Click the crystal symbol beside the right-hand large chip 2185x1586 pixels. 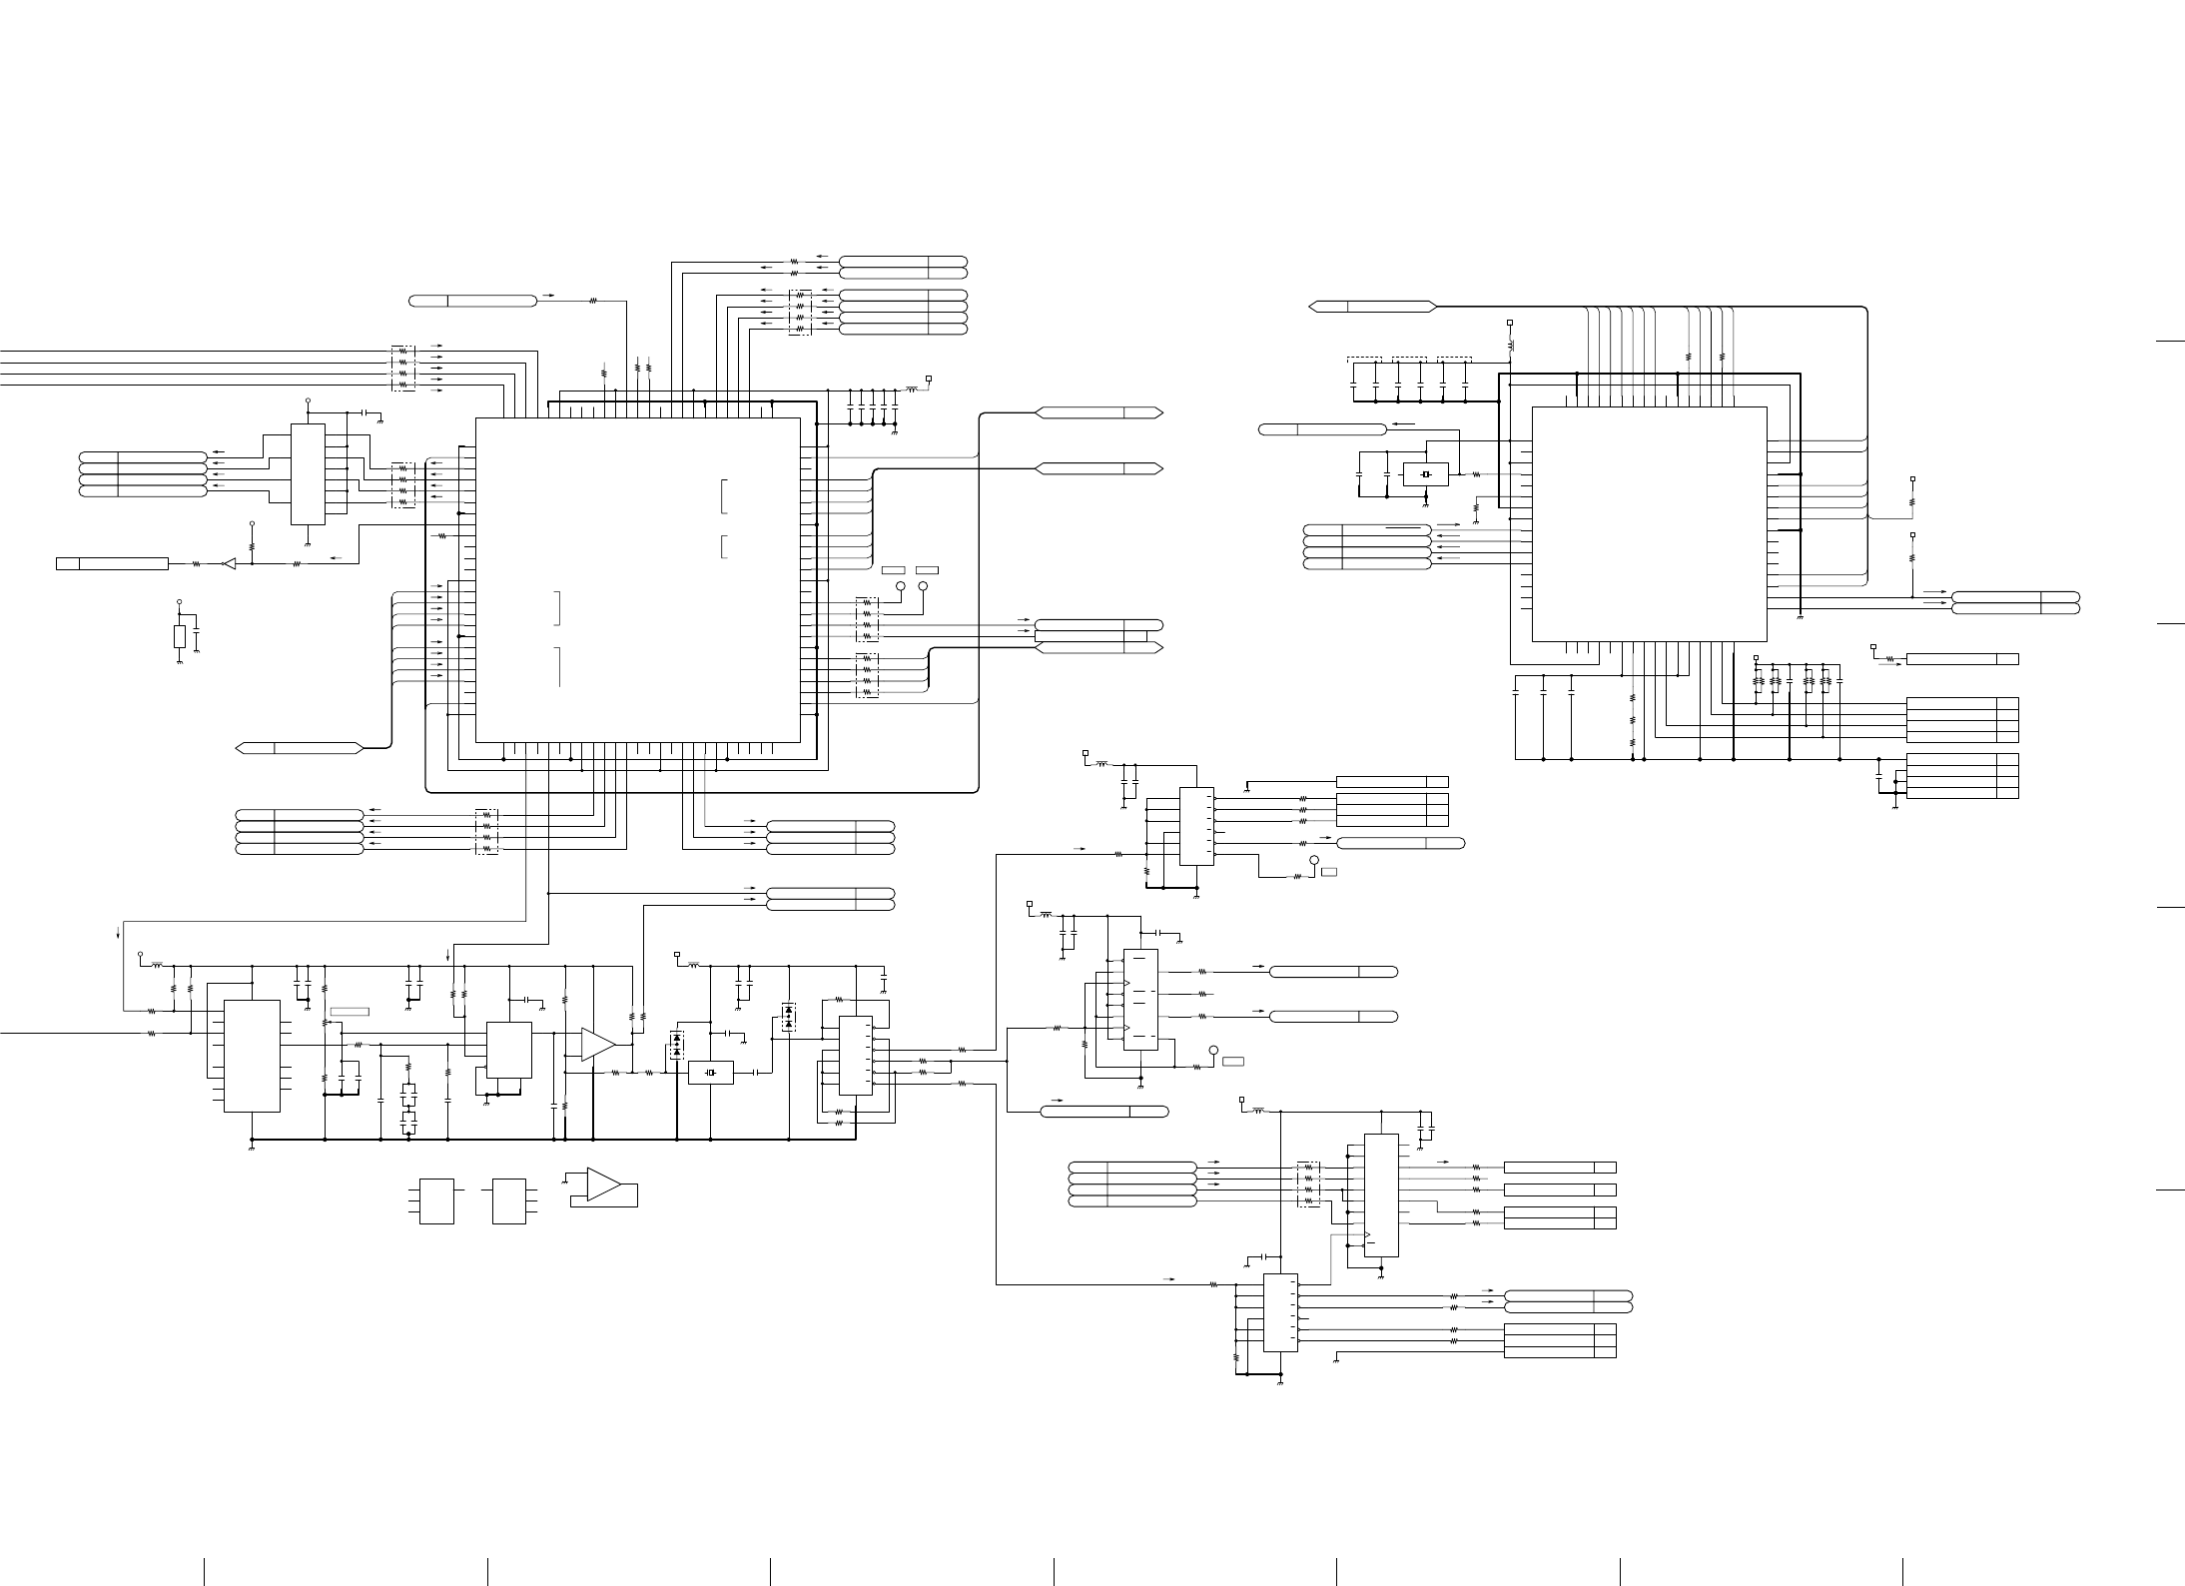tap(1425, 473)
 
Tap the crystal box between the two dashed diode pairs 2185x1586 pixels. tap(710, 1073)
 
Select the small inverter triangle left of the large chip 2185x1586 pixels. tap(229, 564)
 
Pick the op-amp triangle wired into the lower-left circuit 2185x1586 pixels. tap(598, 1044)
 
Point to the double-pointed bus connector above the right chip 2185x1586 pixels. tap(1372, 306)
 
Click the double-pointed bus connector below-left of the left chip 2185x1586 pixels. tap(299, 747)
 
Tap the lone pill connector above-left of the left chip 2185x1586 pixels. tap(473, 301)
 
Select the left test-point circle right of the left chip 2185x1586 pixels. tap(900, 586)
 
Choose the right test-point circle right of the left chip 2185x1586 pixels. tap(923, 586)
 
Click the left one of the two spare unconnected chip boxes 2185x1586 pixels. tap(436, 1201)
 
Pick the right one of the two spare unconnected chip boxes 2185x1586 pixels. tap(509, 1201)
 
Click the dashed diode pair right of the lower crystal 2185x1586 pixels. tap(789, 1018)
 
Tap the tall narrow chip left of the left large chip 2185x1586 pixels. tap(308, 473)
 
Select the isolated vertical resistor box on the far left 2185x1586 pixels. tap(180, 637)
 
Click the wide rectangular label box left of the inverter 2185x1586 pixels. tap(112, 564)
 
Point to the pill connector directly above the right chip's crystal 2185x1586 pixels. tap(1322, 429)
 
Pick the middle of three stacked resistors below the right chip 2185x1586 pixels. tap(1633, 720)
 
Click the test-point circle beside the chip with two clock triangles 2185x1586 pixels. tap(1214, 1051)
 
